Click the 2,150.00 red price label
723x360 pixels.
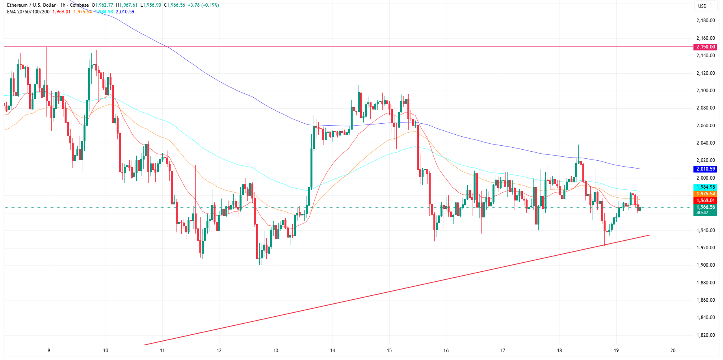705,47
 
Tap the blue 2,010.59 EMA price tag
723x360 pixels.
705,169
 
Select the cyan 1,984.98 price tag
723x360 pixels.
705,187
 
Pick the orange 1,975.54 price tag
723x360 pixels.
705,194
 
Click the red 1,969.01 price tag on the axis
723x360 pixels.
705,200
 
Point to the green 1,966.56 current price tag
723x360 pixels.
705,207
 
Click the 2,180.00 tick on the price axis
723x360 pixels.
705,20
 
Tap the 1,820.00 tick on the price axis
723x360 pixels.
705,335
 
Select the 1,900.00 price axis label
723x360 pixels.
705,265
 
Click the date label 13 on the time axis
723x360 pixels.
276,350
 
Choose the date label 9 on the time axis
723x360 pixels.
49,350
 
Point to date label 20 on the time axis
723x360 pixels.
673,350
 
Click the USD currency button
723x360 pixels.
702,6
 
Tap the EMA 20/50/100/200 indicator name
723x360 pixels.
28,12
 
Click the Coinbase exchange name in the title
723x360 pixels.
79,5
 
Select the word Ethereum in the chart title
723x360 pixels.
17,5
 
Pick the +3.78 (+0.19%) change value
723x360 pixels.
203,5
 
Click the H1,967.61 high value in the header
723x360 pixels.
127,5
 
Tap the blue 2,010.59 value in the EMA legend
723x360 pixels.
125,12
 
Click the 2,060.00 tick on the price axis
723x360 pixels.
705,126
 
